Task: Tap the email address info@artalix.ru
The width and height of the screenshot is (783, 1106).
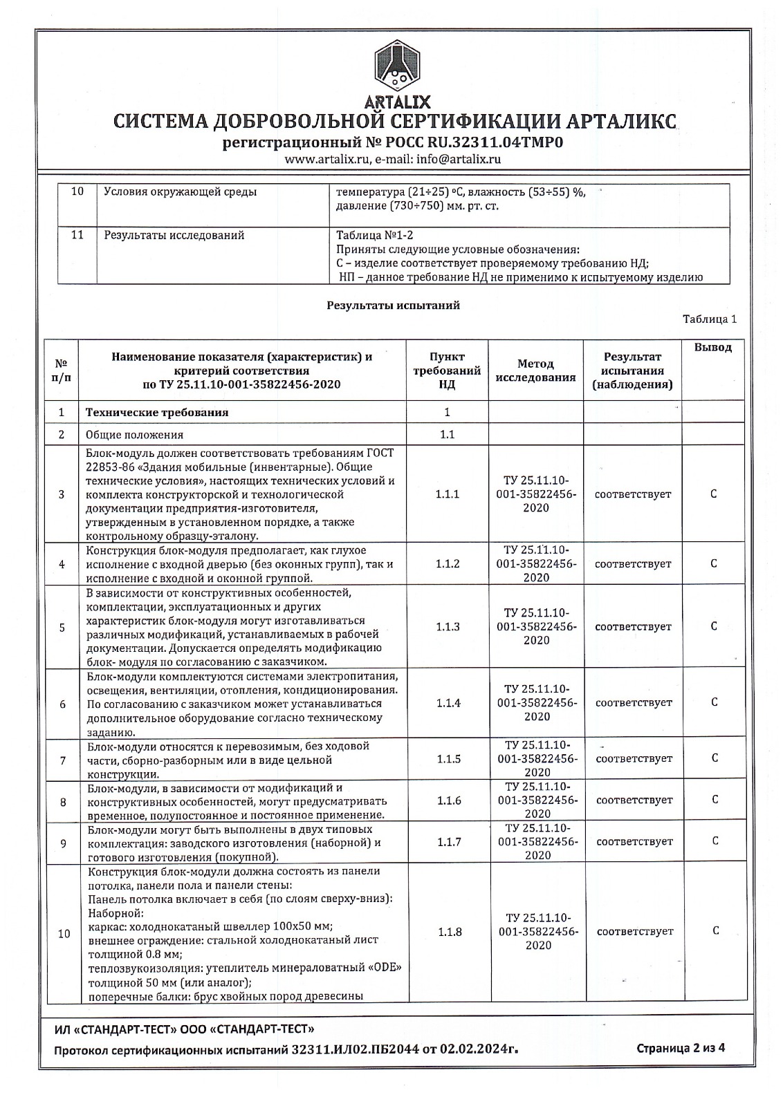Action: (459, 159)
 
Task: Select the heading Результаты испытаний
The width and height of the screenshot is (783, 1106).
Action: (393, 305)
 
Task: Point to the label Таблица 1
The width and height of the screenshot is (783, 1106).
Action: (710, 319)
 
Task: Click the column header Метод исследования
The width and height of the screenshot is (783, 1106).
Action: (535, 371)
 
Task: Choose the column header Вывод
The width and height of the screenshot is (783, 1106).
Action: (712, 347)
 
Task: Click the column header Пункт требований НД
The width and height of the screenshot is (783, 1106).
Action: (447, 371)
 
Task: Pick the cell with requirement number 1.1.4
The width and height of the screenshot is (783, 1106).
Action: (448, 703)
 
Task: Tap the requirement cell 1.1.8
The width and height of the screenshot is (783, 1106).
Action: (449, 932)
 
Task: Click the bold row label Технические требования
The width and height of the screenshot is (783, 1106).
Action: (157, 413)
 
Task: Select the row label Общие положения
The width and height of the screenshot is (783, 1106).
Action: (135, 435)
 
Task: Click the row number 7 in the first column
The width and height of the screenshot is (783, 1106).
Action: (62, 760)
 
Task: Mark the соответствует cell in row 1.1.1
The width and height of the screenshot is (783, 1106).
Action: (633, 495)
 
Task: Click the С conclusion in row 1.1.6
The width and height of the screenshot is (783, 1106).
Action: (715, 800)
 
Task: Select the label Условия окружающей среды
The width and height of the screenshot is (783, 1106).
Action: (180, 192)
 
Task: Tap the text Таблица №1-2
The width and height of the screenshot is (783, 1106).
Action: (374, 235)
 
